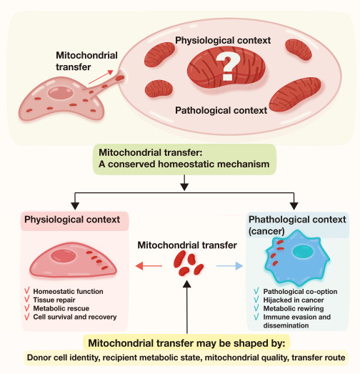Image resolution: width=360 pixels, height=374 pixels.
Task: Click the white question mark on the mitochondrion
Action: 228,67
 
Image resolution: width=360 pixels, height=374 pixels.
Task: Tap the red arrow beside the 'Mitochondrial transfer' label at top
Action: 101,77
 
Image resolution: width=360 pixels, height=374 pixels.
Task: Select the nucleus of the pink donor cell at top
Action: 60,93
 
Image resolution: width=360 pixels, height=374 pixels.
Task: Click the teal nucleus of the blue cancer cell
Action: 302,252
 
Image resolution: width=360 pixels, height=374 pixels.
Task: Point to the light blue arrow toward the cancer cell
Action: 229,266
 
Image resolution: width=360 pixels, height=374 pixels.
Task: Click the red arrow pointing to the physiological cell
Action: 149,266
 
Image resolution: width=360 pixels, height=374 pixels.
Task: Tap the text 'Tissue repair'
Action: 54,300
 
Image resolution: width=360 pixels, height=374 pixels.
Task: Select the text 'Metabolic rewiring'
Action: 294,308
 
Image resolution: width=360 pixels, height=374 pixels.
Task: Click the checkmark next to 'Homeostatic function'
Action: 27,291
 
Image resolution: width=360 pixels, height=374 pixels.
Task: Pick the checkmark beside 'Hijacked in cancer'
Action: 256,300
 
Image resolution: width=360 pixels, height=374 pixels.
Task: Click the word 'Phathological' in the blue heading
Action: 277,220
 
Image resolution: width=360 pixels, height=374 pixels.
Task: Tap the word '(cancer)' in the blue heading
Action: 266,231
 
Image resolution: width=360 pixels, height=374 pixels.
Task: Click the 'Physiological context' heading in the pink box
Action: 72,220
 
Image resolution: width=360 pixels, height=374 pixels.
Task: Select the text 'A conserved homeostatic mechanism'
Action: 184,164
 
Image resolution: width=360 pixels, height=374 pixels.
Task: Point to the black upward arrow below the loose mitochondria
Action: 187,307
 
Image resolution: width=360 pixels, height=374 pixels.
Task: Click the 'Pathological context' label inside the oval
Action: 221,110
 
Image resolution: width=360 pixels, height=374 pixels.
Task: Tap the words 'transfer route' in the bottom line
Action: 319,358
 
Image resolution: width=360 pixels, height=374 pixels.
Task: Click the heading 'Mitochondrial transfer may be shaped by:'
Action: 186,343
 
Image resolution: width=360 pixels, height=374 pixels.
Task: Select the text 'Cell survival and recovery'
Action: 75,317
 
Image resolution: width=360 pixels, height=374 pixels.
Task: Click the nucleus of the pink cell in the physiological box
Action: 63,256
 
